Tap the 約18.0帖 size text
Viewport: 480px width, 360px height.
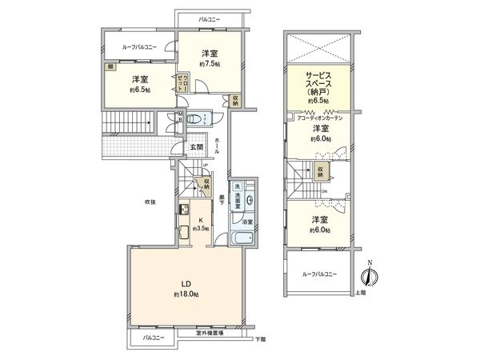coord(185,295)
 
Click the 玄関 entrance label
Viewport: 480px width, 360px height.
coord(195,147)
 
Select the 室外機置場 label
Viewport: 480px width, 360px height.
coord(210,334)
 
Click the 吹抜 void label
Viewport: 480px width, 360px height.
coord(150,201)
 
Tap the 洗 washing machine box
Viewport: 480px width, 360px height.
coord(238,187)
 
